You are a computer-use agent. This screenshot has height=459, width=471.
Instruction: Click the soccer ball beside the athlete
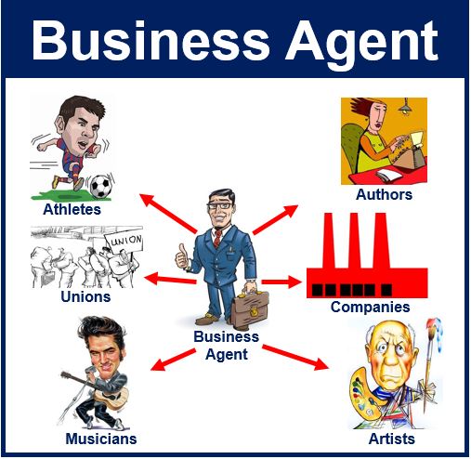(100, 187)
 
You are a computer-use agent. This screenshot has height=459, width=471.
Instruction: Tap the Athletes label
(72, 209)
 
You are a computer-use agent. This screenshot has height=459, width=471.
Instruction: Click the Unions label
(85, 296)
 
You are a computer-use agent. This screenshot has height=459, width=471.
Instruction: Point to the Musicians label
(101, 439)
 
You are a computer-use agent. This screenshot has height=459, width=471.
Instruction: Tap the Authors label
(384, 194)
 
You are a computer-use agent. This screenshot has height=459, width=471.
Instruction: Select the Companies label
(371, 308)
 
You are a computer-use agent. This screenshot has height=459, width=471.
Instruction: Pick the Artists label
(392, 439)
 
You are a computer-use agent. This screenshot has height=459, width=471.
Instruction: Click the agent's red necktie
(217, 238)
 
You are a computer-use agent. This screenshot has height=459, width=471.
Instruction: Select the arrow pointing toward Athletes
(168, 214)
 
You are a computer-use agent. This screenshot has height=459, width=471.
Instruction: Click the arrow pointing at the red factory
(281, 282)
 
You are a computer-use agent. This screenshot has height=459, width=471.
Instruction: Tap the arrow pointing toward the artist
(295, 358)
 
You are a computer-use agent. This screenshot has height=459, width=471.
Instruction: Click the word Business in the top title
(150, 41)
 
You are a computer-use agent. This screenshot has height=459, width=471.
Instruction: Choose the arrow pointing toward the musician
(173, 360)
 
